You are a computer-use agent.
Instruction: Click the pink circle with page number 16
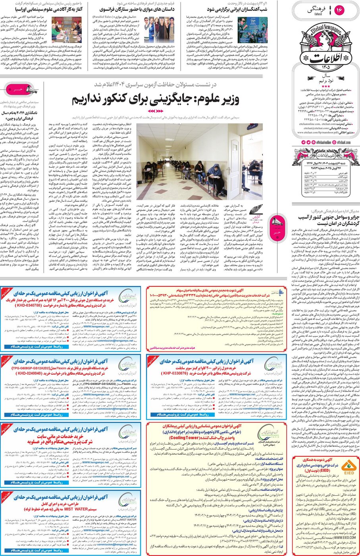click(339, 10)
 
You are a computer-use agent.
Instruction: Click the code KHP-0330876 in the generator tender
click(175, 373)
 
